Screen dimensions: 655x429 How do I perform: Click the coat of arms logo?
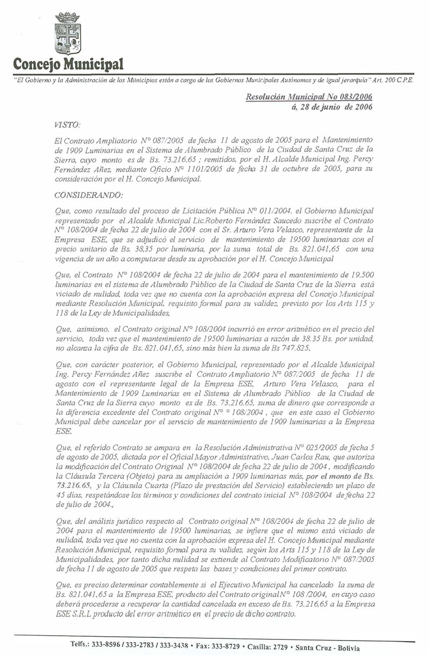[68, 35]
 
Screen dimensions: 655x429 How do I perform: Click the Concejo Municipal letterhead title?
[68, 65]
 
